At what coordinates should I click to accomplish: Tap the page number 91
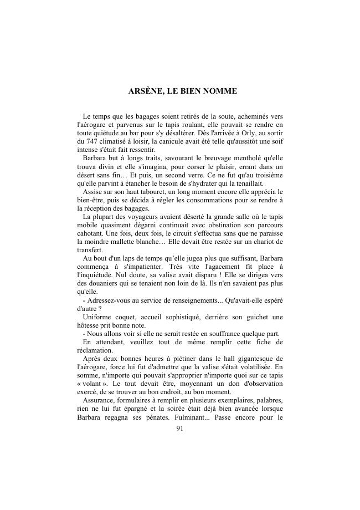[179, 428]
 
